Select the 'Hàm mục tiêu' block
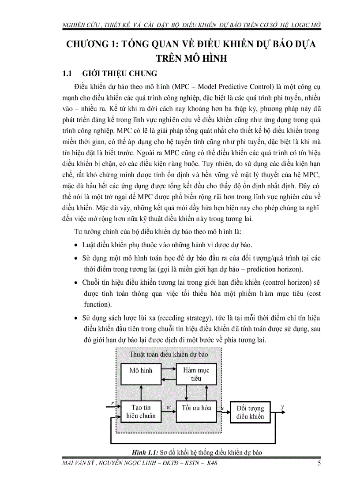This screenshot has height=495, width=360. click(x=196, y=374)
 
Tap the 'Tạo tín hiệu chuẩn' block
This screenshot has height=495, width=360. click(x=141, y=412)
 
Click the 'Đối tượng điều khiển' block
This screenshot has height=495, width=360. click(x=250, y=412)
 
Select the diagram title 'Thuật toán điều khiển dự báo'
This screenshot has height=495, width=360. click(x=169, y=354)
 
